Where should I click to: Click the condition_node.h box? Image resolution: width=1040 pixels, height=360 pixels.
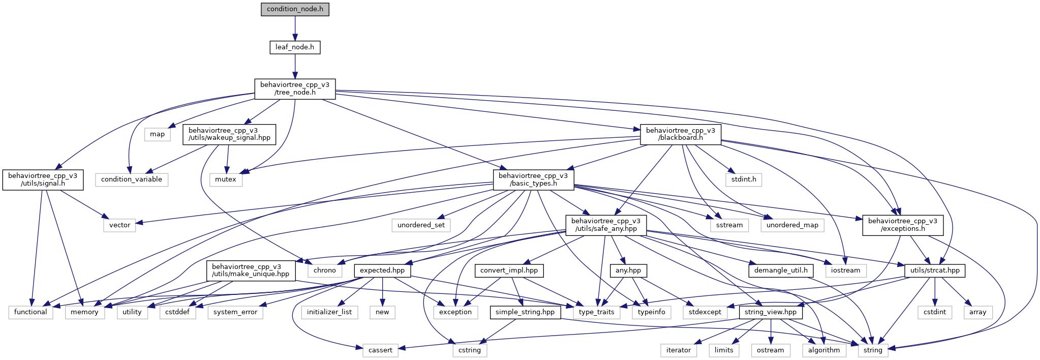[295, 9]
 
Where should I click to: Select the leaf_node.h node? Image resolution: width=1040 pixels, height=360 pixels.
[295, 47]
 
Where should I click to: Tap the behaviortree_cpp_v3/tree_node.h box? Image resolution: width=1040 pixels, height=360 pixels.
[295, 88]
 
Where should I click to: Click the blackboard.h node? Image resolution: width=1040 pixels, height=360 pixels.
[680, 134]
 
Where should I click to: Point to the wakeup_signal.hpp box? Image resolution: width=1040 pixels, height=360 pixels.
[229, 134]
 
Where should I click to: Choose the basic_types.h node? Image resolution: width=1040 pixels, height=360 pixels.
[533, 179]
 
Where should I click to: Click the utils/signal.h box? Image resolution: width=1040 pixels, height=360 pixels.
[43, 179]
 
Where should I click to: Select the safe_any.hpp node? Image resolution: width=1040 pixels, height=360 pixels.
[606, 225]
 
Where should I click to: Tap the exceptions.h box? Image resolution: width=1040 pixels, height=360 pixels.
[903, 225]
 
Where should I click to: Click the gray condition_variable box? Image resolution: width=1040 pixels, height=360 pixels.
[132, 179]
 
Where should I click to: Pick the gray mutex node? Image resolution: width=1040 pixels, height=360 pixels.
[226, 179]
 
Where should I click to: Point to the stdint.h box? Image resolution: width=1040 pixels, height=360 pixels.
[744, 179]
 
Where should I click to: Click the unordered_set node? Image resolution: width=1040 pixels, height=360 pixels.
[421, 225]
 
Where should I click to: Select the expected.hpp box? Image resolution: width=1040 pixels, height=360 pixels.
[382, 271]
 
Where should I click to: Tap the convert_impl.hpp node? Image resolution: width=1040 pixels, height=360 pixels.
[509, 271]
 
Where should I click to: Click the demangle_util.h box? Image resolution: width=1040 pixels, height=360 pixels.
[781, 271]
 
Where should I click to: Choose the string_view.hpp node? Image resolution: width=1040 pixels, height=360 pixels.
[770, 312]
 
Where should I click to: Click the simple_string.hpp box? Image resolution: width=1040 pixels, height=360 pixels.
[525, 312]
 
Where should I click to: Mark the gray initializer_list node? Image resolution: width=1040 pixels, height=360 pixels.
[329, 312]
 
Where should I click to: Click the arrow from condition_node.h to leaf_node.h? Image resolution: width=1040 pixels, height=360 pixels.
[295, 28]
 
